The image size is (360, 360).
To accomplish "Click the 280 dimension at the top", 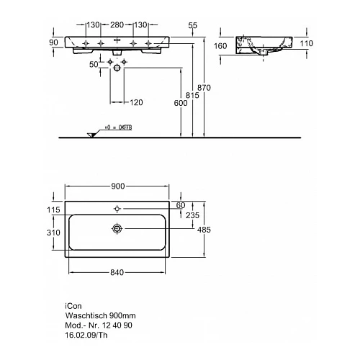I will click(118, 25).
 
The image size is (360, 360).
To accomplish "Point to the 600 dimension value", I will click(180, 103).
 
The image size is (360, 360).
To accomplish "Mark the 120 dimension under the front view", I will click(136, 103).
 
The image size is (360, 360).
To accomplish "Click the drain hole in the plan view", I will click(116, 229).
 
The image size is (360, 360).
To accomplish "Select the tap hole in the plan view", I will click(116, 209).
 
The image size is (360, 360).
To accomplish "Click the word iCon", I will click(72, 305).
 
